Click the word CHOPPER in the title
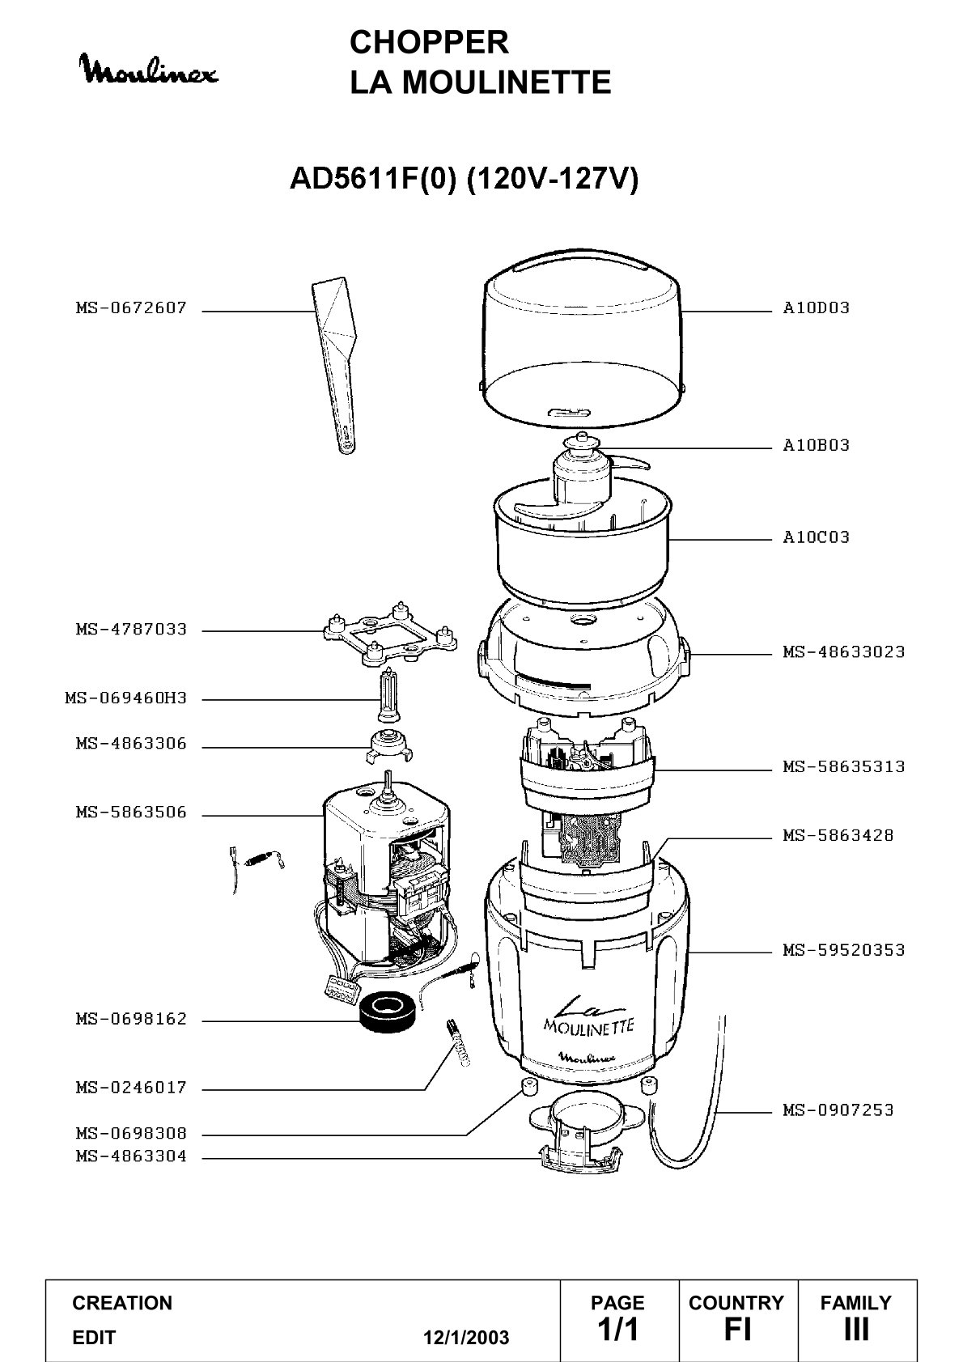point(429,42)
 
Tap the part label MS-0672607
point(131,308)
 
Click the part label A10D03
point(816,308)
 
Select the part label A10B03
point(816,445)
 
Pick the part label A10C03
point(816,537)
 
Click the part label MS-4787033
point(131,629)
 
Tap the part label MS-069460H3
point(126,698)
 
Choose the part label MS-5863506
point(131,813)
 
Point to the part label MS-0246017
point(131,1087)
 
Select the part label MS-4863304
point(131,1156)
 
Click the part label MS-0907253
point(838,1110)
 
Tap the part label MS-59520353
point(844,950)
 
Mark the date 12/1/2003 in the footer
point(466,1338)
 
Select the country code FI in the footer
point(737,1329)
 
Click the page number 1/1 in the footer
point(618,1329)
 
